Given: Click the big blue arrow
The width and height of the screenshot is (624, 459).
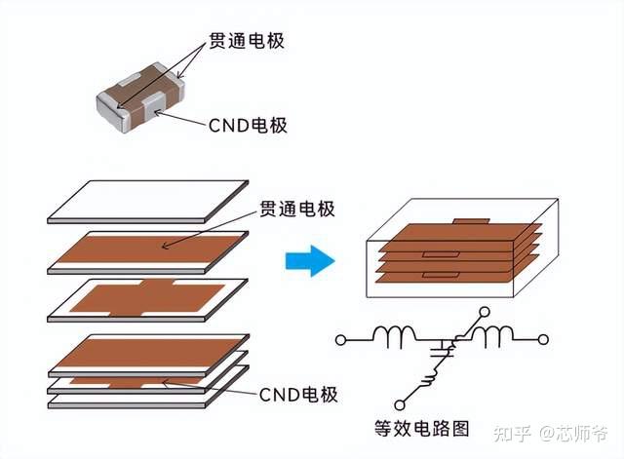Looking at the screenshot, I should tap(310, 260).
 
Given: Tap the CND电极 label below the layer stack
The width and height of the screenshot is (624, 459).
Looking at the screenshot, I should tap(298, 395).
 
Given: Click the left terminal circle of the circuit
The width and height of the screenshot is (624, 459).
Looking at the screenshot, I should tap(340, 340).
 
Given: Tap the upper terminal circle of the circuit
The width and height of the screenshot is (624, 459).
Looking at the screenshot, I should tap(486, 312).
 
